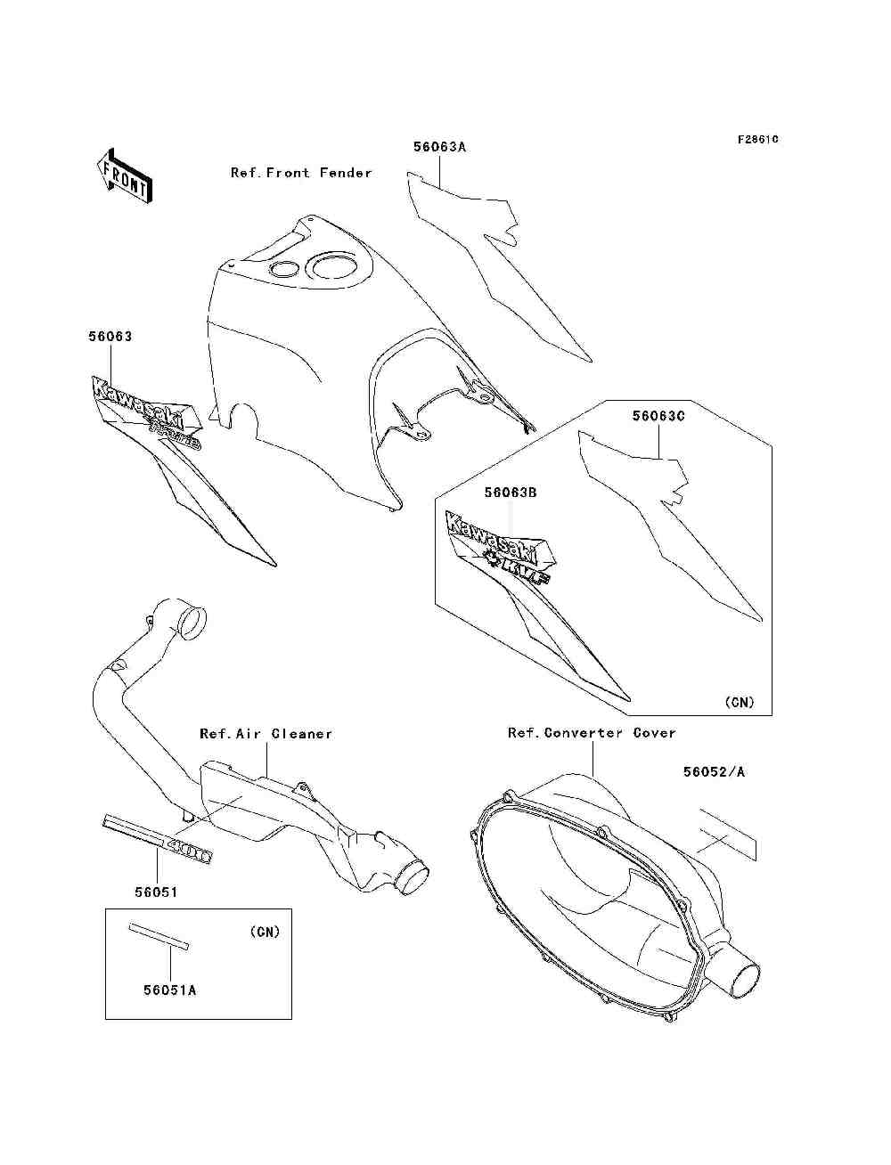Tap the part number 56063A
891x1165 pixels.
tap(439, 147)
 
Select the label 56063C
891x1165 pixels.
tap(659, 416)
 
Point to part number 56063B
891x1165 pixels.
tap(511, 492)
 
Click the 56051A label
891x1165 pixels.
tap(168, 990)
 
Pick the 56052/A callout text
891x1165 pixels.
tap(715, 772)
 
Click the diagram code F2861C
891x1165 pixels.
tap(758, 140)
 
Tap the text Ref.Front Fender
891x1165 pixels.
tap(301, 173)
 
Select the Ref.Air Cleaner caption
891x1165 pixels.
tap(266, 734)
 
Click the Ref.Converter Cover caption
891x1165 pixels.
tap(592, 733)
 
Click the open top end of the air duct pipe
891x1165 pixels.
tap(192, 623)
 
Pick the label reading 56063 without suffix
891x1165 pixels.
tap(110, 337)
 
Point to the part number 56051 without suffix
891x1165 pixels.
tap(157, 892)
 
